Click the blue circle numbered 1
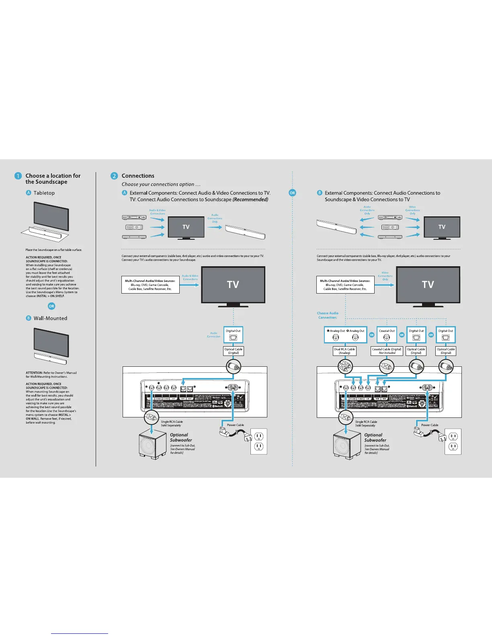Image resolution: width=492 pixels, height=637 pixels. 18,176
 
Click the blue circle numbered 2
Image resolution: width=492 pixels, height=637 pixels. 114,176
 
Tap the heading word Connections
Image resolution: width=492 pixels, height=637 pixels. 138,176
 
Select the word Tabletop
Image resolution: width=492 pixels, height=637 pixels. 44,193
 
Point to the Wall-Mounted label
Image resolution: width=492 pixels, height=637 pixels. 50,318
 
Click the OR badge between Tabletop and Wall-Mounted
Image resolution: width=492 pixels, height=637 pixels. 51,306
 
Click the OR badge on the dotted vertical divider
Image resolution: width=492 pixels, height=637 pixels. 292,193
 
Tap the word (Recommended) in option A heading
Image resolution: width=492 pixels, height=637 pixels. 250,199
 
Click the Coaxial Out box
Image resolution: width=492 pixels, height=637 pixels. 387,335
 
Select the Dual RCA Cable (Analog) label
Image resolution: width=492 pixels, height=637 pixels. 344,351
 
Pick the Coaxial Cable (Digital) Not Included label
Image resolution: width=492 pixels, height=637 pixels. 387,351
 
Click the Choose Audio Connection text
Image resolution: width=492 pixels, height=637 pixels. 328,315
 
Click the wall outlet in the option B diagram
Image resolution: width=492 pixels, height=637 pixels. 453,441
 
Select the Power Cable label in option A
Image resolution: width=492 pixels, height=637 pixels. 235,425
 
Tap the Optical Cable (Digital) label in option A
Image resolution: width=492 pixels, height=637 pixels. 234,351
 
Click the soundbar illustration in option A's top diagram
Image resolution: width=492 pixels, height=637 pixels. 245,232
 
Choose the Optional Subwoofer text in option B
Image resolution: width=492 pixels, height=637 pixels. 375,438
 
